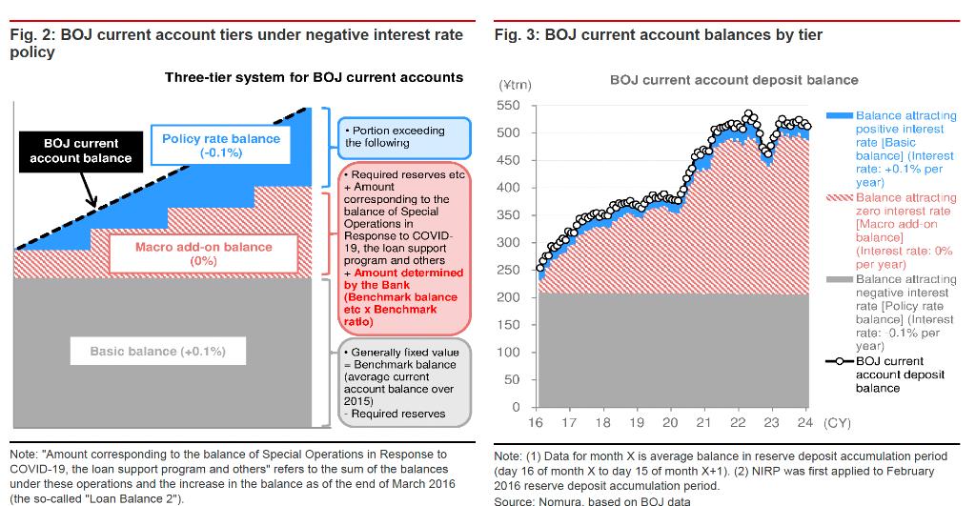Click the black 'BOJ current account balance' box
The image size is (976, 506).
(x=81, y=151)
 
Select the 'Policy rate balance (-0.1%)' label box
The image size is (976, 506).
(x=221, y=145)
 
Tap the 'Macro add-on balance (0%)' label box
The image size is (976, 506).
(x=203, y=253)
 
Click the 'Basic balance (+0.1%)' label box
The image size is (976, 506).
(x=158, y=352)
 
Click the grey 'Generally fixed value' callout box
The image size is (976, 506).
(x=405, y=382)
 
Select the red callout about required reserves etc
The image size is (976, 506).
(x=405, y=248)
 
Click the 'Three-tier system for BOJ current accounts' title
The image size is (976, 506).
(x=314, y=77)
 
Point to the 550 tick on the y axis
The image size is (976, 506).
(x=509, y=105)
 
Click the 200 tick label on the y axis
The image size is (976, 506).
(x=509, y=297)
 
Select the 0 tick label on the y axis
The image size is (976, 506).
(x=516, y=408)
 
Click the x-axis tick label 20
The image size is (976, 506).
(x=670, y=423)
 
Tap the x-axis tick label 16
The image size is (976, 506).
(x=535, y=423)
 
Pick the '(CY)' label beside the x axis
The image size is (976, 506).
(x=836, y=423)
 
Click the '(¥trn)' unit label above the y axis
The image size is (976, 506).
(x=515, y=85)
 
